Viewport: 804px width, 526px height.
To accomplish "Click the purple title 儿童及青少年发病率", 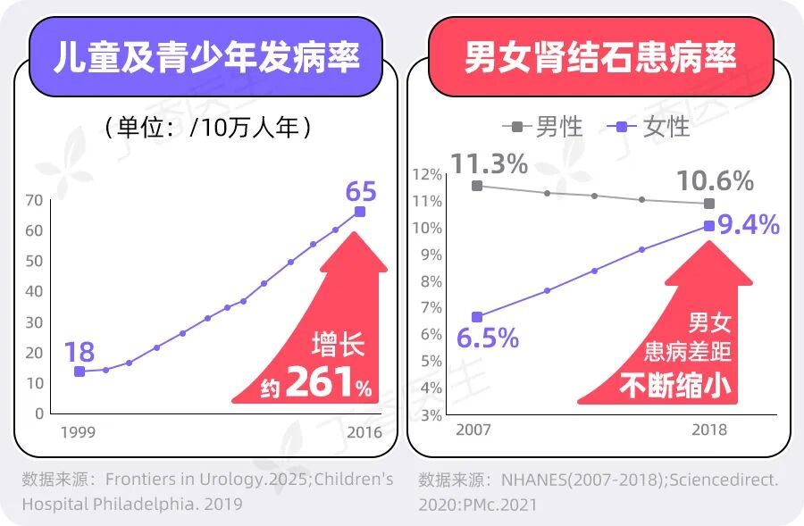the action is click(x=206, y=56).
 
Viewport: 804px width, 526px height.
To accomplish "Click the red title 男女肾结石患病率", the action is click(x=600, y=56).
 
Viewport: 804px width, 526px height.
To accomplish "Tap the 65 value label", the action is click(x=361, y=192).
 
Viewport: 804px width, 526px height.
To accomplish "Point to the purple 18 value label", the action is click(x=80, y=352).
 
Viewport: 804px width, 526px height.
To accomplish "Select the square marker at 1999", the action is click(x=80, y=372).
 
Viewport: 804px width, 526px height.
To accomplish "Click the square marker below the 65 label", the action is click(x=360, y=212).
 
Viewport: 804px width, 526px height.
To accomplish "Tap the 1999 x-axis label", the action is click(x=78, y=432).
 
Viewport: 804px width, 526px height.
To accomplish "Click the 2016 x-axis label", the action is click(x=364, y=432).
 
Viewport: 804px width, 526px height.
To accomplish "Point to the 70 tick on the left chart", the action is click(x=34, y=200).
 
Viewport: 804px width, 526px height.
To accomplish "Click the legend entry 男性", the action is click(x=543, y=127).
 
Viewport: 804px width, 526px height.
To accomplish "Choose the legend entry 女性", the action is click(x=649, y=127).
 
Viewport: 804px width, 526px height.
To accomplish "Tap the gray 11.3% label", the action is click(x=490, y=163).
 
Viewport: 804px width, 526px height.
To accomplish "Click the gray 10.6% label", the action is click(x=716, y=180).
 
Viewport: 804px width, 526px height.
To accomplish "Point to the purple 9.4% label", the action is click(x=749, y=224).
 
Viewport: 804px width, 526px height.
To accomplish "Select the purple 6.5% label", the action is click(x=488, y=338).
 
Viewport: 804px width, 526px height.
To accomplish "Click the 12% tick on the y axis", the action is click(x=428, y=175).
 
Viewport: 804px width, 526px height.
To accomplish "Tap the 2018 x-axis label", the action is click(x=709, y=430).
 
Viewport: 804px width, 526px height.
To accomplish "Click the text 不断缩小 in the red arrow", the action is click(x=675, y=385).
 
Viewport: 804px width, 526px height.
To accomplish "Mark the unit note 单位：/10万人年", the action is click(x=207, y=127).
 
